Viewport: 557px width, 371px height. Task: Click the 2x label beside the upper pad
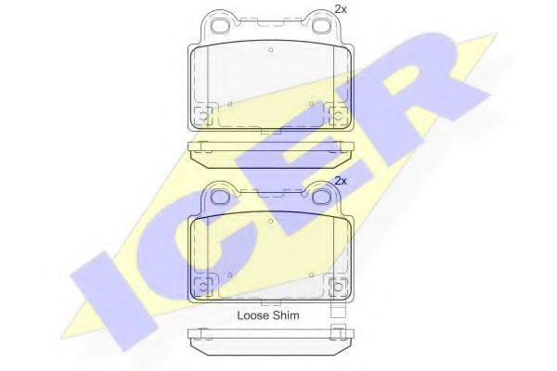coord(341,9)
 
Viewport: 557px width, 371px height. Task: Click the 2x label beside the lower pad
coord(341,181)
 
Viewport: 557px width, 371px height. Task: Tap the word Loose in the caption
coord(253,315)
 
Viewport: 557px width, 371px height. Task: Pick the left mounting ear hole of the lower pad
coord(221,197)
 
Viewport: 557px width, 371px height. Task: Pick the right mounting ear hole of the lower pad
coord(321,197)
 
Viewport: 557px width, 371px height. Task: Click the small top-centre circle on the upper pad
coord(271,50)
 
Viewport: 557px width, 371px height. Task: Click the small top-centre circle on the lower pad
coord(271,222)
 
